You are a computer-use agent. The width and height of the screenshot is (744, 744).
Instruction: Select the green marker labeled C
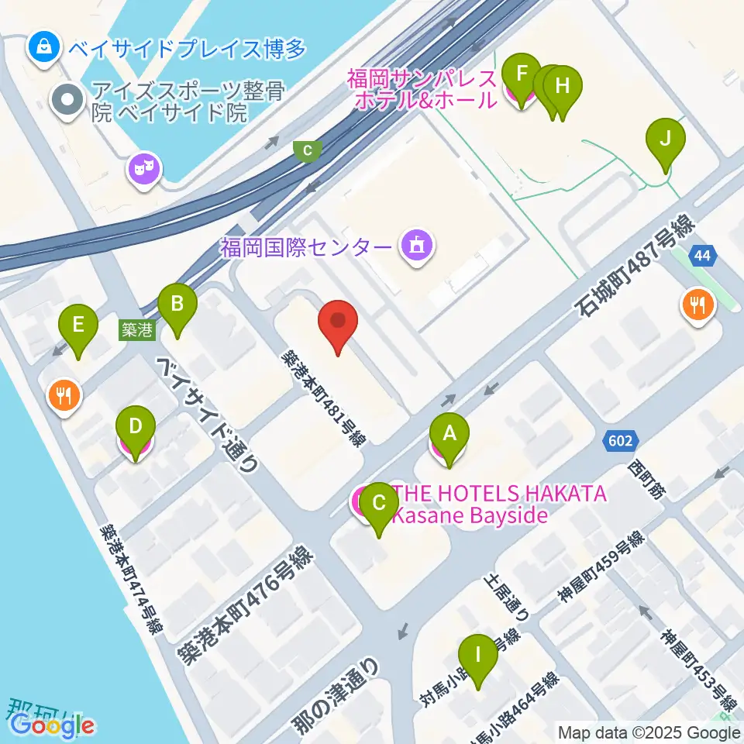pos(379,503)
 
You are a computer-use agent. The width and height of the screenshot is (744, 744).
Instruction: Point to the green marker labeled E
pos(77,325)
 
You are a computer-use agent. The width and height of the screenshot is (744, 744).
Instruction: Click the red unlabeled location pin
pos(338,322)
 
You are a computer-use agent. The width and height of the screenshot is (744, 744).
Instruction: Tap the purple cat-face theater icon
pos(143,167)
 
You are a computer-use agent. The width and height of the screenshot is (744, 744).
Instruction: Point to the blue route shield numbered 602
pos(620,441)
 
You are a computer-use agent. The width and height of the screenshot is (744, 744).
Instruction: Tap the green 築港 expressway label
pos(138,330)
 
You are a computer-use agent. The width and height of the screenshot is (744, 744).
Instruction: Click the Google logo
pos(53,725)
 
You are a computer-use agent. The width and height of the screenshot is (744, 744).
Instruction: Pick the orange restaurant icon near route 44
pos(697,305)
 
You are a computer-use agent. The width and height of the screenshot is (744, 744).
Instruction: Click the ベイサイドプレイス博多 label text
pos(188,49)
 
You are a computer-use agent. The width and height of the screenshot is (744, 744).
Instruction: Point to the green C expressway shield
pos(308,150)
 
